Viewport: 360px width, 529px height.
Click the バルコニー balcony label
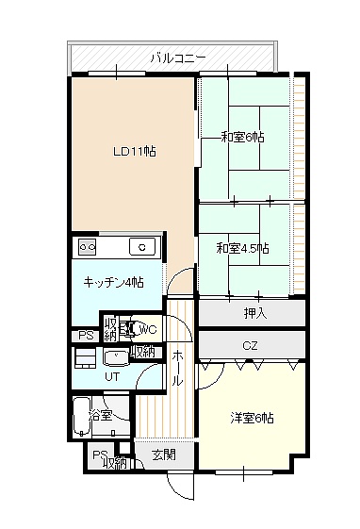tap(177, 58)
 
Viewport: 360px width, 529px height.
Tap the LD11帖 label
tap(135, 151)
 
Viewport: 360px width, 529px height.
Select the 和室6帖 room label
tap(242, 138)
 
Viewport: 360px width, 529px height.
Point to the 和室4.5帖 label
tap(243, 249)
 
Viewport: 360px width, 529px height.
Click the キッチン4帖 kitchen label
tap(114, 282)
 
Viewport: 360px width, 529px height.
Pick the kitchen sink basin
tap(142, 247)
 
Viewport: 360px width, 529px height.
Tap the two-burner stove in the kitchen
tap(88, 247)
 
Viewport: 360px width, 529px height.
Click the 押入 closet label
tap(255, 313)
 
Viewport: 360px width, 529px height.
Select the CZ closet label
tap(250, 345)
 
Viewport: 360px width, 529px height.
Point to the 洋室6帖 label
tap(252, 418)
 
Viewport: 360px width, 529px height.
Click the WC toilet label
tap(148, 329)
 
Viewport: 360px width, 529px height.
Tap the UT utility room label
tap(112, 376)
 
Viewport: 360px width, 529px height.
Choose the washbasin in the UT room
tap(116, 358)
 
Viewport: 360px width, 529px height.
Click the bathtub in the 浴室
tap(82, 417)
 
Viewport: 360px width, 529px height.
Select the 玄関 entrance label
tap(164, 455)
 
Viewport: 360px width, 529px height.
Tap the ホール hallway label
tap(177, 368)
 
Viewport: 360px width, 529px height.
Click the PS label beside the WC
tap(87, 336)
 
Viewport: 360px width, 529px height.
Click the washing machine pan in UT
tap(85, 358)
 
